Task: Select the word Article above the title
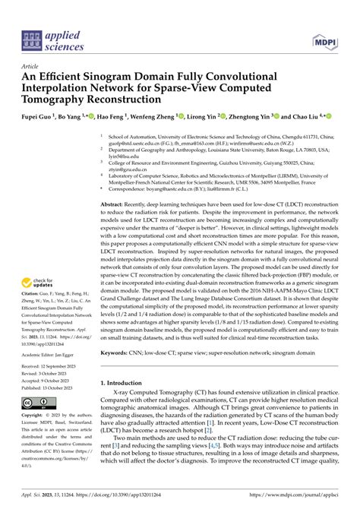click(x=30, y=66)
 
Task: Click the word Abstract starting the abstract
click(x=116, y=205)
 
